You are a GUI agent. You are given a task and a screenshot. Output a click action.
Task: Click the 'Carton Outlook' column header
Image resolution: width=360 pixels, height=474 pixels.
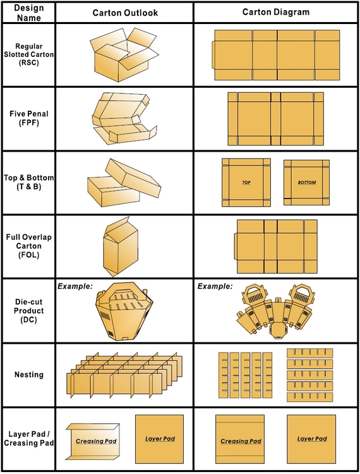[125, 13]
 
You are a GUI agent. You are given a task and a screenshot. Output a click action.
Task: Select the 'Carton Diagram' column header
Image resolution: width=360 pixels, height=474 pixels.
[276, 12]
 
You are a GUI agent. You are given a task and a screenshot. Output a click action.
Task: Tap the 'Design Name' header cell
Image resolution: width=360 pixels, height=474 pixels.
[28, 13]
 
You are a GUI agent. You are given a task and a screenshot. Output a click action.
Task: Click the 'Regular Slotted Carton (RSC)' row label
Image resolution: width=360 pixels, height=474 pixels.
[28, 54]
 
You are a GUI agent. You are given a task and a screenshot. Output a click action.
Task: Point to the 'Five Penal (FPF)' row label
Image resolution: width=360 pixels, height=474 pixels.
[28, 118]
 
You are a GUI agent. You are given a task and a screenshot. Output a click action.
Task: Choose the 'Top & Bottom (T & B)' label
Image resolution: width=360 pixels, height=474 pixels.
[28, 182]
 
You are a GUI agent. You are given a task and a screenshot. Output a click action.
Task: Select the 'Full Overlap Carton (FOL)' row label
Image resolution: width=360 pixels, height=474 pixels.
[28, 246]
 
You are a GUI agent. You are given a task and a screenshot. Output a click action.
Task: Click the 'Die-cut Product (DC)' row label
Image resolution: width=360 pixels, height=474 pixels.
[28, 310]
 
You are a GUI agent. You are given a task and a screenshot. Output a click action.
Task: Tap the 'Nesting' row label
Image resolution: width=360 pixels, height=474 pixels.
[29, 375]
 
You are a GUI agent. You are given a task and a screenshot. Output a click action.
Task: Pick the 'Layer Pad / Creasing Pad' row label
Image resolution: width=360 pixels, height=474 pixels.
[28, 439]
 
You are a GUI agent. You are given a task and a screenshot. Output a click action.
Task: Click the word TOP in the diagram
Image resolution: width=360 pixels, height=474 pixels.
[246, 183]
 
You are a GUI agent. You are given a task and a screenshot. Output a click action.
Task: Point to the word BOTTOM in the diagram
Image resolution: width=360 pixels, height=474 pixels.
[306, 183]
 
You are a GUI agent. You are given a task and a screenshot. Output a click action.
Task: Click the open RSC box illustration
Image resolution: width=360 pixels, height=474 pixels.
[124, 55]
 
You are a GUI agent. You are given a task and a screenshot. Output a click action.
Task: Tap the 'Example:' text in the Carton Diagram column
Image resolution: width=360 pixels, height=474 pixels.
[215, 286]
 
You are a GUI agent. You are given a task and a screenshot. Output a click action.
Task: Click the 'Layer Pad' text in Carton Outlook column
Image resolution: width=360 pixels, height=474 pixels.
[160, 439]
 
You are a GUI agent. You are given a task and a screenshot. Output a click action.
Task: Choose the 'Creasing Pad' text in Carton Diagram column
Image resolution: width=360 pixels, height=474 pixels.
[241, 441]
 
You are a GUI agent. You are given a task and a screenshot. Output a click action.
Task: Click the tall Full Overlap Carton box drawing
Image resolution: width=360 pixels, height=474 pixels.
[121, 246]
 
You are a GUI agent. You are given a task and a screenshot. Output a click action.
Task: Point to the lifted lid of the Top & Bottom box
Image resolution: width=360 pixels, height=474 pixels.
[133, 174]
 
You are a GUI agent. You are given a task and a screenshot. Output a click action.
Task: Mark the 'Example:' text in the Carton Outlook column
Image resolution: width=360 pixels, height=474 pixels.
[75, 286]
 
